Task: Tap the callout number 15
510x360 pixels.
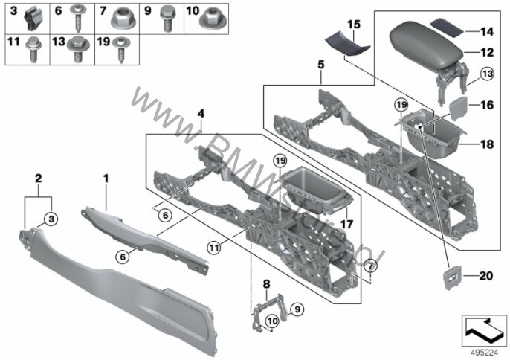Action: click(x=355, y=25)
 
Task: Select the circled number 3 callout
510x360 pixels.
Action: click(x=51, y=219)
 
